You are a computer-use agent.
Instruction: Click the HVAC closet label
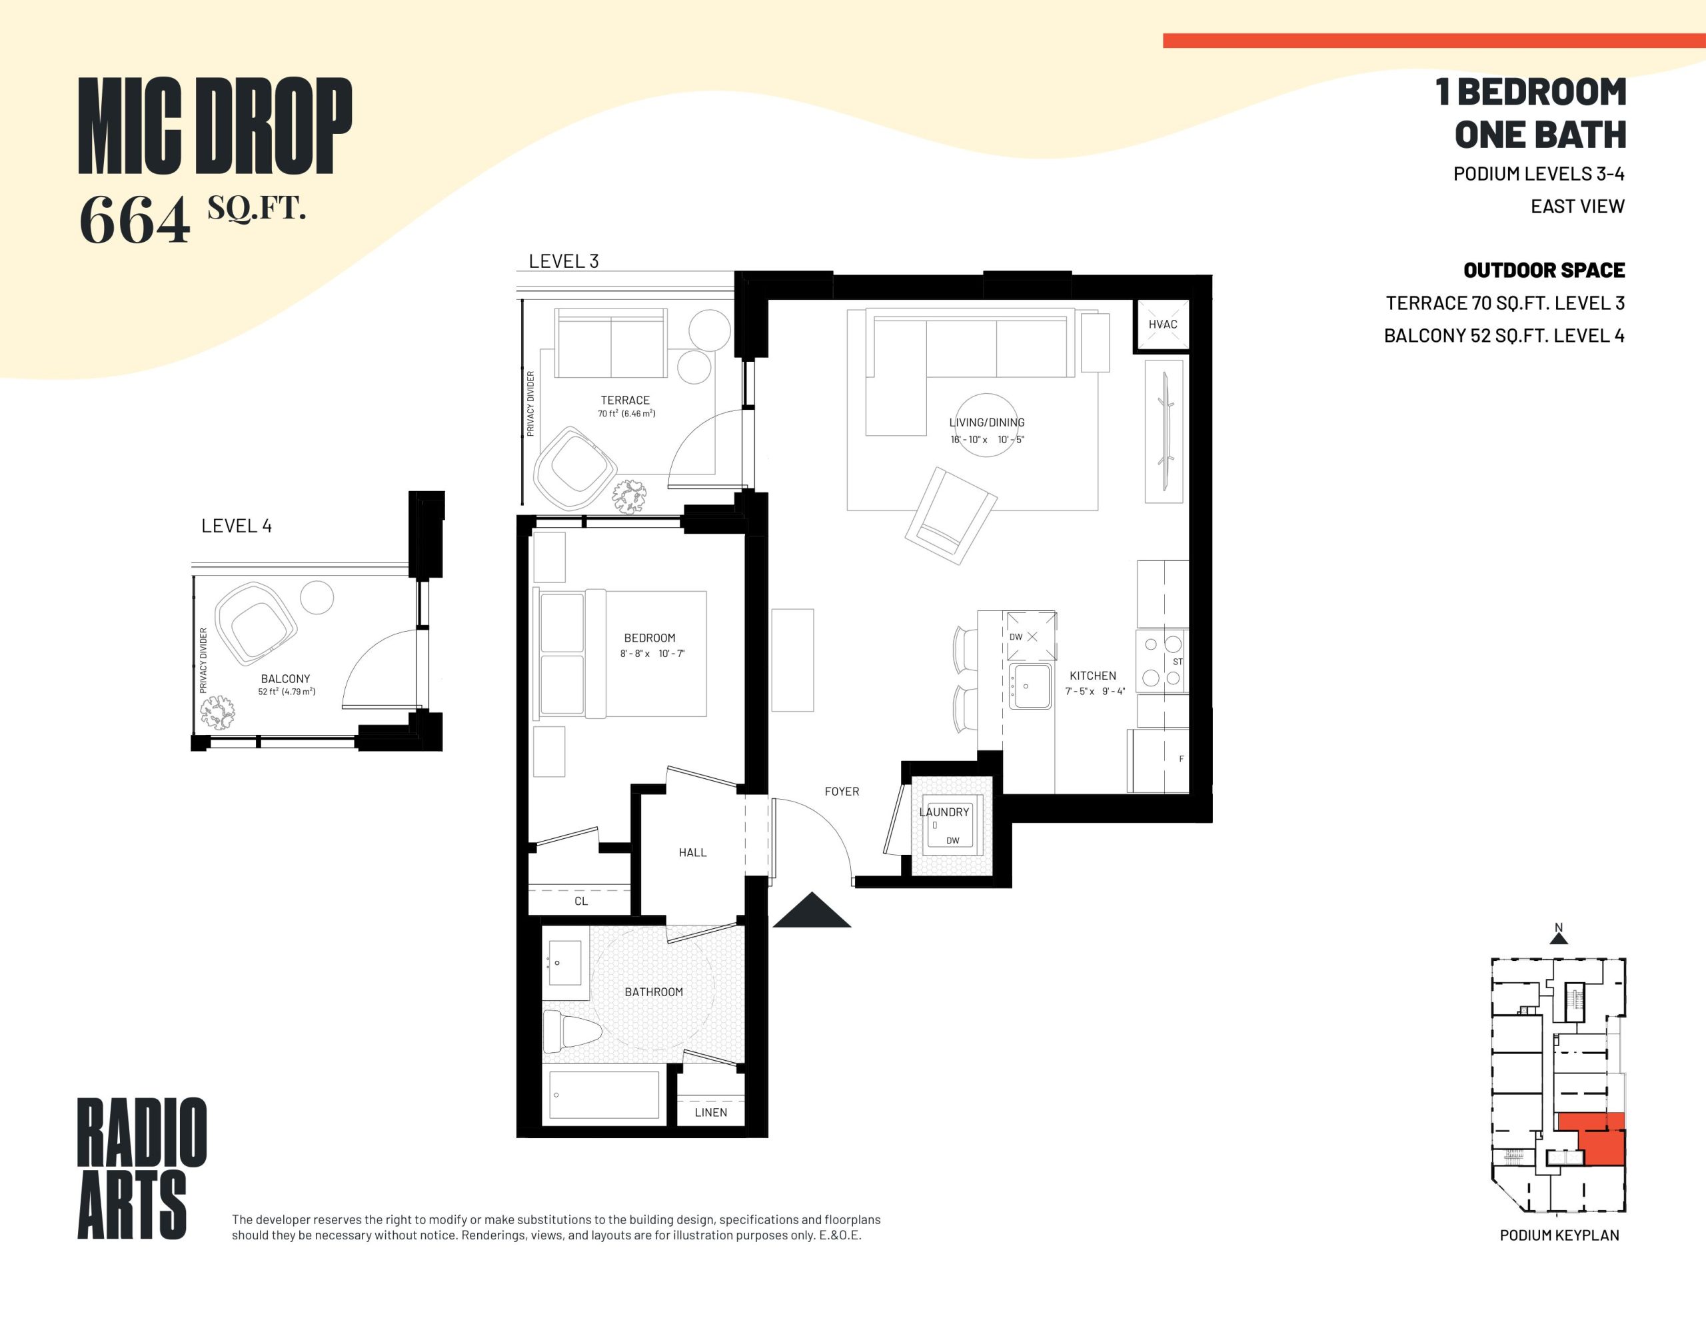[1162, 325]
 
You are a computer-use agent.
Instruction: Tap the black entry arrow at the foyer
[812, 911]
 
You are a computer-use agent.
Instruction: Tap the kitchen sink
[1030, 686]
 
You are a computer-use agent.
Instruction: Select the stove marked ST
[1162, 661]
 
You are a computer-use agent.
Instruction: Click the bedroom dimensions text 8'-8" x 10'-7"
[652, 653]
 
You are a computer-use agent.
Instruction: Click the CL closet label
[581, 901]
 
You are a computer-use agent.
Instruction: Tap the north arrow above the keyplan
[1558, 938]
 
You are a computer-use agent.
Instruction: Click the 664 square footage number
[135, 221]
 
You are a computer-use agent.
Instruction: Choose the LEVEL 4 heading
[237, 526]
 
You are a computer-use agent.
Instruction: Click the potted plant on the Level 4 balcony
[217, 712]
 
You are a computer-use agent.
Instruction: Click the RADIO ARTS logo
[141, 1168]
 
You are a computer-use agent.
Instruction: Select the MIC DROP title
[215, 126]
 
